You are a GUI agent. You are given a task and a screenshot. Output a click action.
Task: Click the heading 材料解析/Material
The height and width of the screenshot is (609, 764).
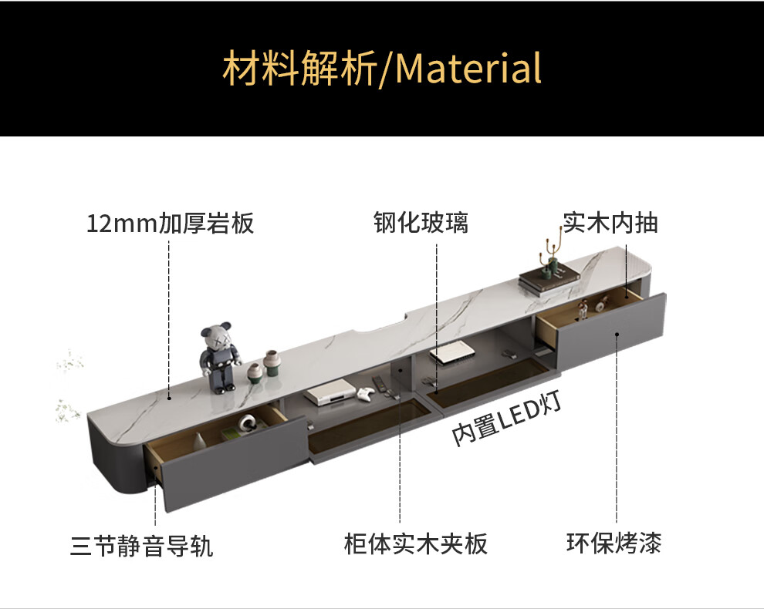tap(382, 68)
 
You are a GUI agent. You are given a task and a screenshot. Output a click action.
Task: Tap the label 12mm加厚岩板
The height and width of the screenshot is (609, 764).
tap(170, 224)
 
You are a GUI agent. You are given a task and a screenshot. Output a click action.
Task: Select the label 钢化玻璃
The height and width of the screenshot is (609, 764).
tap(421, 224)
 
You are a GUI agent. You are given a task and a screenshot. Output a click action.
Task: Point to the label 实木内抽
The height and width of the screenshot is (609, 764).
tap(610, 224)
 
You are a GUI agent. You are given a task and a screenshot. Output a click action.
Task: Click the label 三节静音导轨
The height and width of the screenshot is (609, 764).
tap(142, 547)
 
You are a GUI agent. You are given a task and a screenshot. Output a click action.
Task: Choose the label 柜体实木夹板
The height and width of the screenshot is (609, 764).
tap(415, 544)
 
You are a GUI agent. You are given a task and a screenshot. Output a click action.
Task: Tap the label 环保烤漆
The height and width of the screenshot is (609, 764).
tap(614, 543)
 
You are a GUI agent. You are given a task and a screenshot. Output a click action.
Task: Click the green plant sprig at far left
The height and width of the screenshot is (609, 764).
tap(68, 409)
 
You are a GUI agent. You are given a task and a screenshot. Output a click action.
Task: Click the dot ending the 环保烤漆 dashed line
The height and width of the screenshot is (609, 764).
tap(617, 334)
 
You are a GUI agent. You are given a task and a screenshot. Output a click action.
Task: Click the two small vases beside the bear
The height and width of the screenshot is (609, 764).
tap(263, 366)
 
